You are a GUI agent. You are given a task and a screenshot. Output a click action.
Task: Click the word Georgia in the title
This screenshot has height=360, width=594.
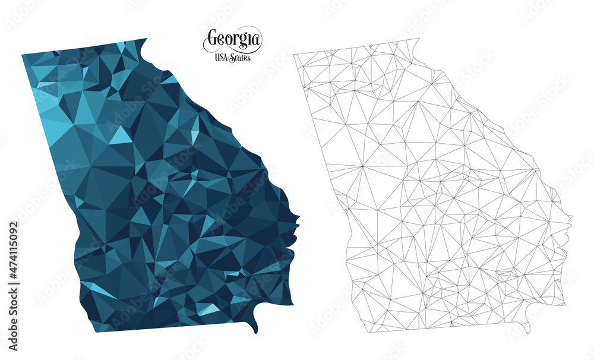(x=233, y=40)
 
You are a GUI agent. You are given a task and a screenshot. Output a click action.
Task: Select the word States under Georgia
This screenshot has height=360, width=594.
(x=241, y=58)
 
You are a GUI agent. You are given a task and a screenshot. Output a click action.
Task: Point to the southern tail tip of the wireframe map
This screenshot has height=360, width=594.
(x=527, y=333)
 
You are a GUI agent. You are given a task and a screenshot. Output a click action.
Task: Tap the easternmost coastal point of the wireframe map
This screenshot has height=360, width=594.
(x=571, y=217)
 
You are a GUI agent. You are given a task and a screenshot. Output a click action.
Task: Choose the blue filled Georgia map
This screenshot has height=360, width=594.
(x=160, y=190)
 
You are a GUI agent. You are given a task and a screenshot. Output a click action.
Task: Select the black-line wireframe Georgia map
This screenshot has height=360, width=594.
(x=434, y=190)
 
